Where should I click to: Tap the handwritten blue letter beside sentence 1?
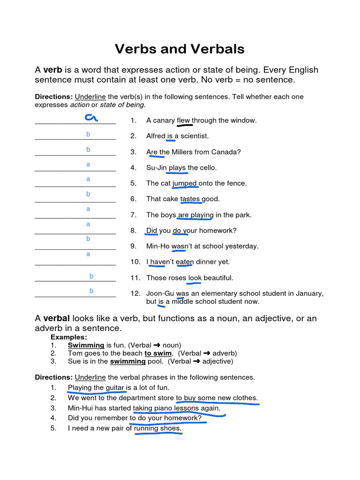(90, 118)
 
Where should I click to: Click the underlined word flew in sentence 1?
(183, 120)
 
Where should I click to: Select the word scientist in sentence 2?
(193, 136)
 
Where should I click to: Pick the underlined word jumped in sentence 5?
(185, 183)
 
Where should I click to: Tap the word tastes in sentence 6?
(190, 199)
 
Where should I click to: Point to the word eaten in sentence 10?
(185, 262)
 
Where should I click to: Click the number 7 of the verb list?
(133, 215)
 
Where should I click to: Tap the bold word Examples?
(69, 337)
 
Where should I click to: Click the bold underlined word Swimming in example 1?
(86, 345)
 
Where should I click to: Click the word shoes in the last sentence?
(171, 428)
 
